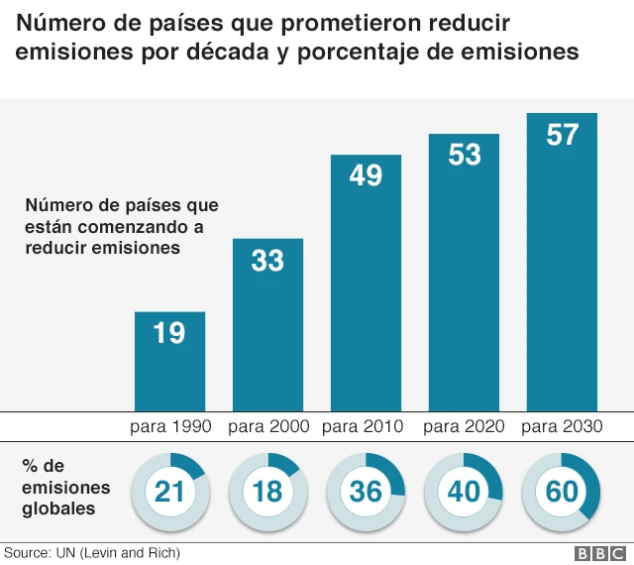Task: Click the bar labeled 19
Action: coord(169,361)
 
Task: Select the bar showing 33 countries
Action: coord(267,324)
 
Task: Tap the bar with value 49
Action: coord(366,282)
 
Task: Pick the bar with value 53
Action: coord(464,272)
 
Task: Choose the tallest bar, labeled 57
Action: coord(562,262)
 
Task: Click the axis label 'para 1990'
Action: coord(170,426)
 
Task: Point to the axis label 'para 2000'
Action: coord(268,426)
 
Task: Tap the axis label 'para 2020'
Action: coord(464,426)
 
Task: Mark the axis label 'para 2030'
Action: coord(562,426)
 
